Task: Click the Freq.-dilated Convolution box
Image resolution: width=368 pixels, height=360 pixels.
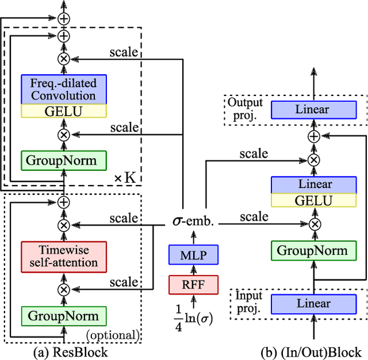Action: click(x=64, y=89)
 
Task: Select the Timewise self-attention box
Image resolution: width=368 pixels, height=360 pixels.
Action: click(x=64, y=256)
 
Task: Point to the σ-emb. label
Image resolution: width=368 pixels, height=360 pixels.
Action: click(x=194, y=221)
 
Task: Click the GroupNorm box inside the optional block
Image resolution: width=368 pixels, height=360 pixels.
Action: click(x=64, y=316)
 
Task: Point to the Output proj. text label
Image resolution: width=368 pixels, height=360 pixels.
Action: click(x=244, y=108)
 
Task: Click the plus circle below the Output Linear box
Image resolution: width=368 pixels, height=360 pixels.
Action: click(x=315, y=136)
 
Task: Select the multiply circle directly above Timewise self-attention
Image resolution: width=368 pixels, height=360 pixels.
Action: click(x=64, y=225)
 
